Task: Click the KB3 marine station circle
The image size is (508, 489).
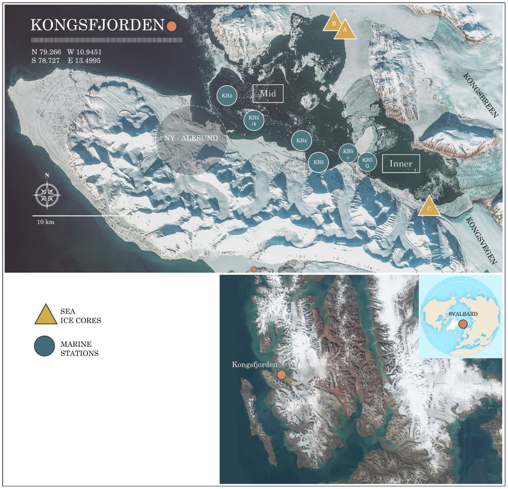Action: click(x=227, y=96)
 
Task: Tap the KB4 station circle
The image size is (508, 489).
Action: click(x=301, y=141)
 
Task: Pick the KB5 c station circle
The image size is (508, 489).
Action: click(x=348, y=153)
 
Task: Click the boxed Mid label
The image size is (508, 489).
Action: click(x=268, y=94)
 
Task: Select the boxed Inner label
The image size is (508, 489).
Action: click(x=401, y=164)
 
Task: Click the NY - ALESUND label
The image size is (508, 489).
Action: click(x=191, y=138)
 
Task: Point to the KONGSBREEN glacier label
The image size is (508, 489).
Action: click(x=480, y=96)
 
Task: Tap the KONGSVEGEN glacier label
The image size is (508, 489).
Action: click(x=481, y=241)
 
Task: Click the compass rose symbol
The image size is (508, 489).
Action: click(x=47, y=194)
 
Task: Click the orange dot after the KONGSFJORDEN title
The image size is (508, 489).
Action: click(x=171, y=26)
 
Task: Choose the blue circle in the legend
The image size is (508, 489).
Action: click(x=44, y=346)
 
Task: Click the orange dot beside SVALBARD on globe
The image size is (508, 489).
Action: click(x=463, y=324)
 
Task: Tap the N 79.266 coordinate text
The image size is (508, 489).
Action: click(x=46, y=52)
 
